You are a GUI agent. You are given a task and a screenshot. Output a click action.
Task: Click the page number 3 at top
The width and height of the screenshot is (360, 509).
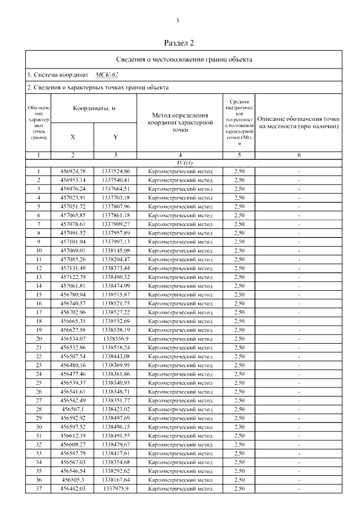point(178,21)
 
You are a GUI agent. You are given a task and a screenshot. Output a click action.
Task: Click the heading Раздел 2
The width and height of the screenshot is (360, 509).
point(179,43)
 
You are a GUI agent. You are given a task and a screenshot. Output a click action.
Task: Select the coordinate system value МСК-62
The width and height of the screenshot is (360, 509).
point(107,74)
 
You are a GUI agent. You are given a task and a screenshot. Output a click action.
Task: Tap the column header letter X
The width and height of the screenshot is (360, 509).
point(73,137)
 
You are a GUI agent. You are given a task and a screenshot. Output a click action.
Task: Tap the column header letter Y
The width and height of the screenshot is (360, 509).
point(115,137)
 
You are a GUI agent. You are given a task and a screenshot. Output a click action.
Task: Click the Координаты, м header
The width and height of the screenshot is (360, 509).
point(93,109)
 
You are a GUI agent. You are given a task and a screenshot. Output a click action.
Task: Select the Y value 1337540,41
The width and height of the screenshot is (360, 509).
point(116,180)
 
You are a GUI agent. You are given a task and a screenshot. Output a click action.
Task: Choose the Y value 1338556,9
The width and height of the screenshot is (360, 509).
point(116,339)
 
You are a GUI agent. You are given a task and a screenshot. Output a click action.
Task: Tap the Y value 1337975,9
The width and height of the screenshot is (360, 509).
point(116,488)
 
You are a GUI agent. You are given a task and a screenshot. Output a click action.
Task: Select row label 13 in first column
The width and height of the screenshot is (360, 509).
point(39,277)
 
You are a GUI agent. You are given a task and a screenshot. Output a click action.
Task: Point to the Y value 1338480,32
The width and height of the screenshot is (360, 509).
point(116,277)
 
